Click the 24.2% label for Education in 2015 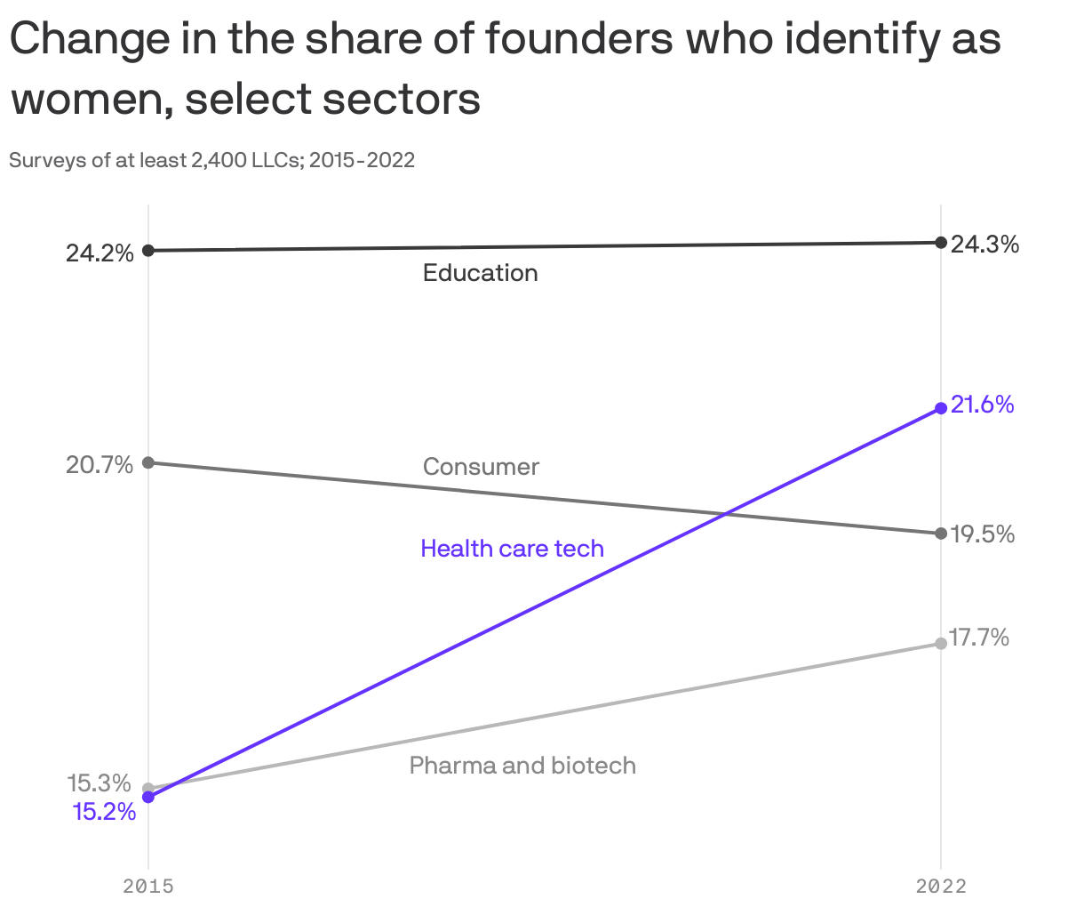point(100,253)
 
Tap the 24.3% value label point(984,245)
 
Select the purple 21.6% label point(982,405)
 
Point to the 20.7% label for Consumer point(100,465)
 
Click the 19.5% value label point(982,534)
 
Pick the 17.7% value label point(978,638)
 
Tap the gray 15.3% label point(100,783)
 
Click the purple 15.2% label point(104,812)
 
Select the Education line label point(480,272)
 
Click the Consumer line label point(481,467)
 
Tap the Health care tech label point(512,549)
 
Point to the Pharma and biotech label point(522,766)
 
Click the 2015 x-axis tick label point(148,886)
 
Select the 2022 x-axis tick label point(941,886)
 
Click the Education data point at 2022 point(941,242)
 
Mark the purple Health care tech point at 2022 point(941,408)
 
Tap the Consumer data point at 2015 point(148,462)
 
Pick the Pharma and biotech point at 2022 point(941,643)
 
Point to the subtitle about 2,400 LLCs point(211,161)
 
